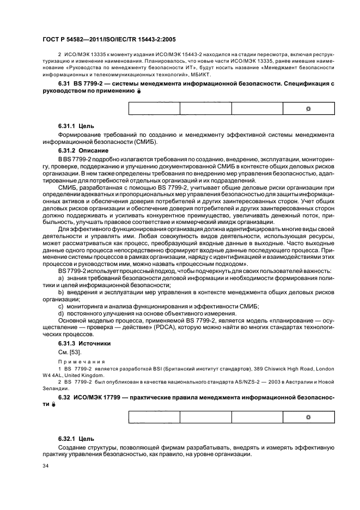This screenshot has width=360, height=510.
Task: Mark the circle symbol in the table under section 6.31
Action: (308, 108)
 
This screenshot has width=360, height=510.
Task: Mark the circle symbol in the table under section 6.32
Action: (308, 417)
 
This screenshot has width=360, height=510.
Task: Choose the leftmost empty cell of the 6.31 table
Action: (154, 108)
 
